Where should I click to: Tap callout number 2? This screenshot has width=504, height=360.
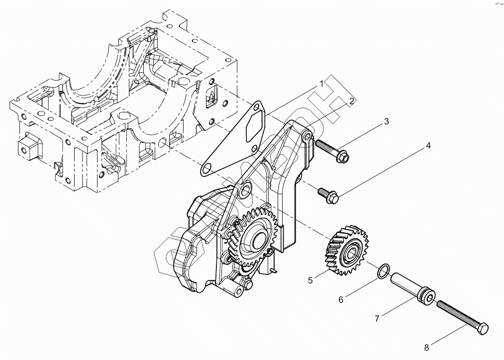pos(351,101)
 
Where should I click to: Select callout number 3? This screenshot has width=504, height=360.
pos(386,121)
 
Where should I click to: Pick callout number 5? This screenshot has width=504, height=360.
pos(310,280)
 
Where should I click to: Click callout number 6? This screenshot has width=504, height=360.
pos(341,299)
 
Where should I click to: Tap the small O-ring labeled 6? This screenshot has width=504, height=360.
pos(382,270)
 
